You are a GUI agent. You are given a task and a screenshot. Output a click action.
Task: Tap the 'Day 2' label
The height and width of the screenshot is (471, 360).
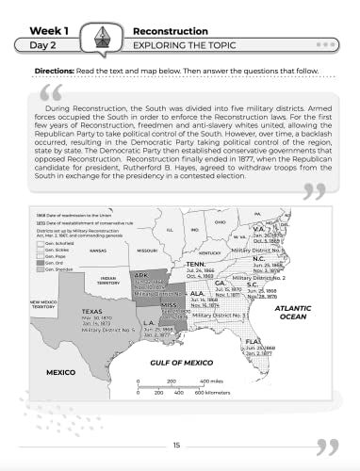click(x=39, y=43)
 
